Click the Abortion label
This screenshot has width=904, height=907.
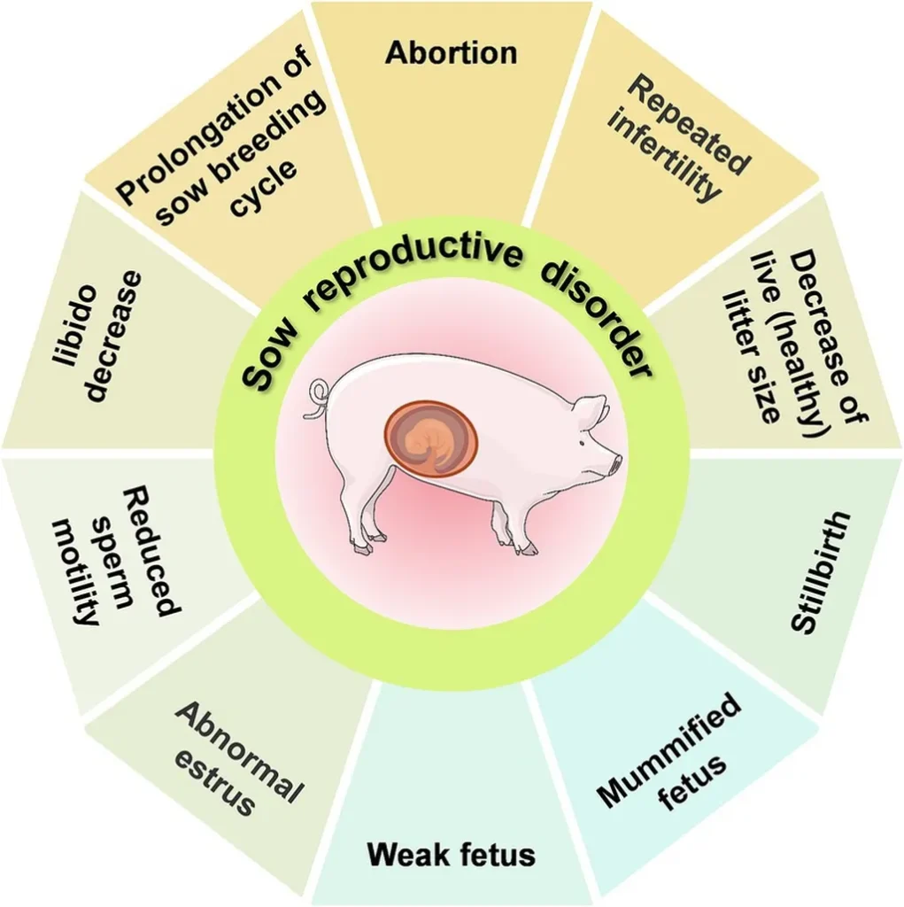click(x=451, y=53)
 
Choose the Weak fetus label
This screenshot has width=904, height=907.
click(x=451, y=855)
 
